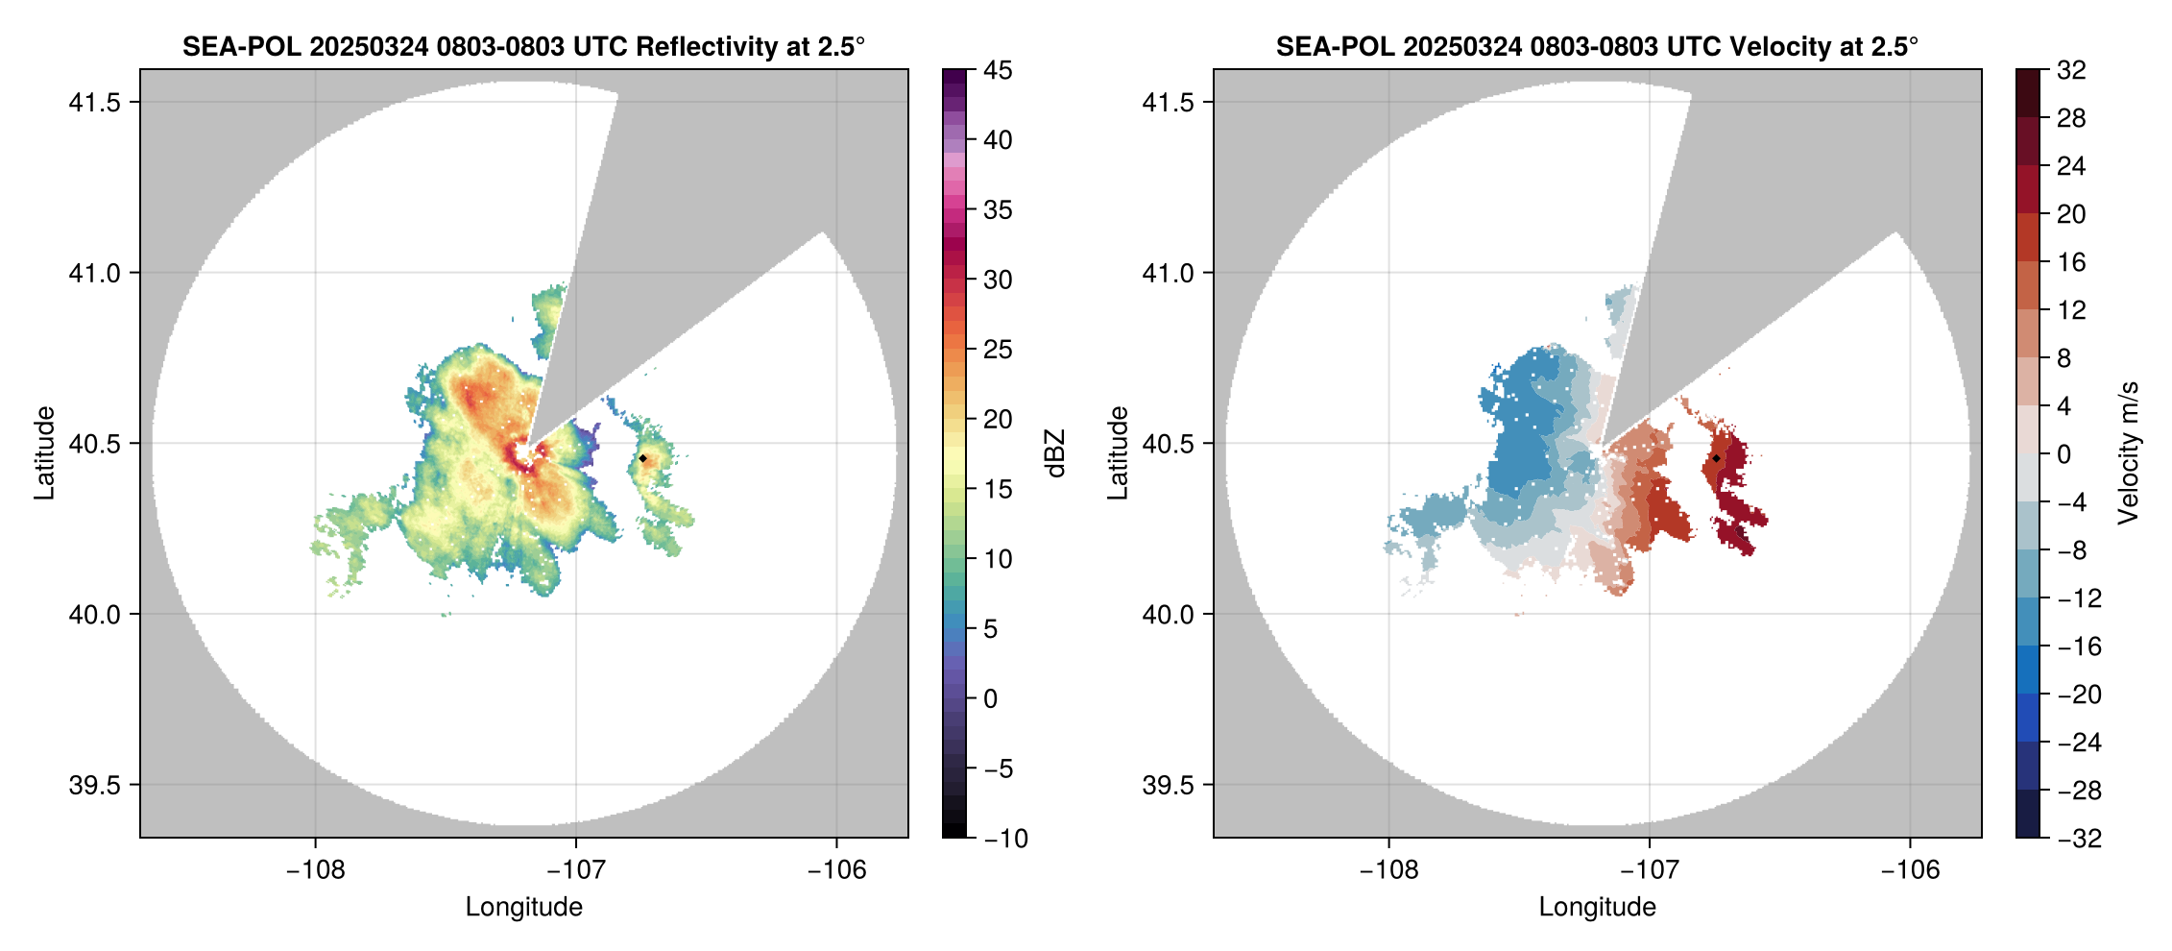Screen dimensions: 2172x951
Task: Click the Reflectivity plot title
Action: click(x=523, y=46)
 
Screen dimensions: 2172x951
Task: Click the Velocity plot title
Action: click(x=1597, y=46)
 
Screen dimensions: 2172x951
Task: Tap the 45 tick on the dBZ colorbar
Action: click(x=998, y=70)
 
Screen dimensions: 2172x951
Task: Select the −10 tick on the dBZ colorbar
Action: click(x=1005, y=839)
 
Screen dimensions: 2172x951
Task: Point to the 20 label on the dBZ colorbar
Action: click(x=998, y=420)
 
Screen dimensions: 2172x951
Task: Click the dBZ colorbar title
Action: click(x=1054, y=453)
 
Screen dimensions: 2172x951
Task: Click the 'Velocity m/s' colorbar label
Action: click(x=2128, y=453)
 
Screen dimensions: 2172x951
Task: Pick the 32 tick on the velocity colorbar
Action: click(x=2071, y=70)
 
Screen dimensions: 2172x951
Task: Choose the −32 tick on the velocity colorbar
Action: click(x=2079, y=839)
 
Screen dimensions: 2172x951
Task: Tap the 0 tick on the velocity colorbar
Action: click(x=2063, y=454)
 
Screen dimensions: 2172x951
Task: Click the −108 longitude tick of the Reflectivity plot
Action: click(x=315, y=870)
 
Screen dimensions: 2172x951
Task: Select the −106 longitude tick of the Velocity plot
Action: click(x=1910, y=870)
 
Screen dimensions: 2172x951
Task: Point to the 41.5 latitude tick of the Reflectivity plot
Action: click(x=94, y=103)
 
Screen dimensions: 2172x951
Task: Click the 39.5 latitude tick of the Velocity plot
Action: click(x=1168, y=785)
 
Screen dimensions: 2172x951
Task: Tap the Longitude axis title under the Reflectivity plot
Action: click(x=524, y=907)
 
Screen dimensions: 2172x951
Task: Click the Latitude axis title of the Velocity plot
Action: click(x=1117, y=453)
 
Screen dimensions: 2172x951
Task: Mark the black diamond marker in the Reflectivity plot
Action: click(x=642, y=458)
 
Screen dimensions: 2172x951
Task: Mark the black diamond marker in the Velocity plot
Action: click(x=1716, y=458)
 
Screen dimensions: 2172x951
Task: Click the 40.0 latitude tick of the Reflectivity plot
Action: click(x=94, y=615)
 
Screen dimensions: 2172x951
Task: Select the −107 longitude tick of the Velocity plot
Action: click(x=1650, y=870)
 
